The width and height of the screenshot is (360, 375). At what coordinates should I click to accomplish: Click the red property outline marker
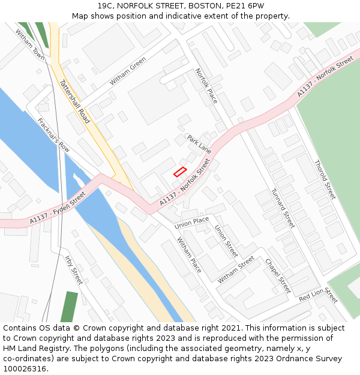(180, 172)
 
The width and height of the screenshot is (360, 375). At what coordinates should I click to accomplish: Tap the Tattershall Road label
(75, 102)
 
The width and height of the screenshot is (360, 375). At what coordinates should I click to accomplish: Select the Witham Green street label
(127, 71)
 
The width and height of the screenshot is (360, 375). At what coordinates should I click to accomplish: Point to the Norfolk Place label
(206, 86)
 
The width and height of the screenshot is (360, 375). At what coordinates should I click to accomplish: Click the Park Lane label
(199, 144)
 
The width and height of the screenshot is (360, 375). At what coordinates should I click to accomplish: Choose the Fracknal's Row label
(53, 134)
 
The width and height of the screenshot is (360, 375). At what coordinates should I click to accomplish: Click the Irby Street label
(73, 269)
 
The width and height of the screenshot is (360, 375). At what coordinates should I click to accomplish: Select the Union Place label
(191, 223)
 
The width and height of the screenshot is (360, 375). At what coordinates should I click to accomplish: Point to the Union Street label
(226, 241)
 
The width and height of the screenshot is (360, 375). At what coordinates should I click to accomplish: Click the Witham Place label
(189, 254)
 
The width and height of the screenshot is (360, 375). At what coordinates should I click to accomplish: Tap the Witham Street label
(236, 270)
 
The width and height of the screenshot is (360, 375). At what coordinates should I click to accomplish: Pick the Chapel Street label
(277, 275)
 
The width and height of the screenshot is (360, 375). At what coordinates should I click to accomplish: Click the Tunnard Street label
(283, 208)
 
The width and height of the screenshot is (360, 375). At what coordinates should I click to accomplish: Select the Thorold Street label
(325, 179)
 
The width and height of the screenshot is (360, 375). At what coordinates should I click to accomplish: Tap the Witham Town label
(30, 44)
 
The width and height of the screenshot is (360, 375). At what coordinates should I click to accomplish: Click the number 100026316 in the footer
(24, 369)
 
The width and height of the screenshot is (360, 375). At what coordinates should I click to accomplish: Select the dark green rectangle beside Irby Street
(69, 307)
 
